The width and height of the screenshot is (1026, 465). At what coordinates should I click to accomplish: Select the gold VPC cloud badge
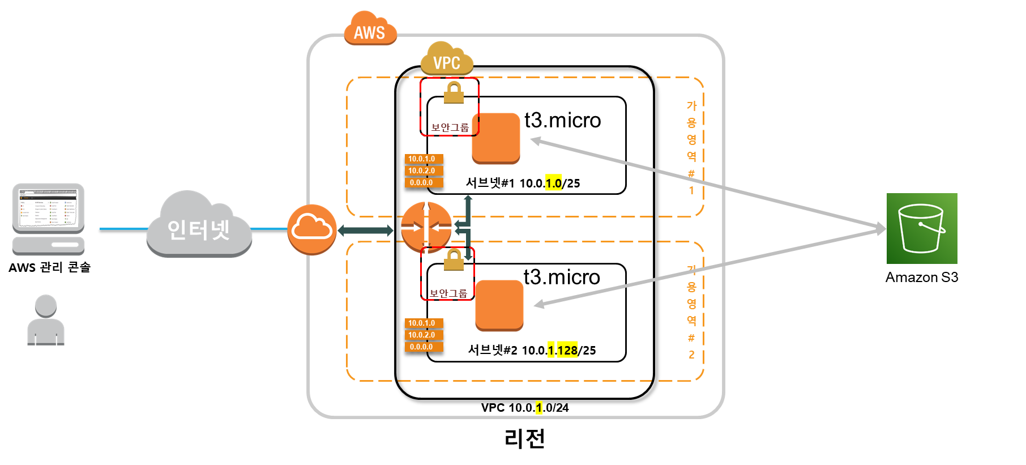(x=447, y=59)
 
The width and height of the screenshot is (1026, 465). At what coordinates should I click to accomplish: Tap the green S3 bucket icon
(x=922, y=228)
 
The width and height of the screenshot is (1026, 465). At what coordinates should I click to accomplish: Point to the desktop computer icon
(x=49, y=219)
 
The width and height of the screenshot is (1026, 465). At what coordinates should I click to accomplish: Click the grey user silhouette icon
(x=46, y=321)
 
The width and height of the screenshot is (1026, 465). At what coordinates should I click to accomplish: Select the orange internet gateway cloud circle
(x=312, y=229)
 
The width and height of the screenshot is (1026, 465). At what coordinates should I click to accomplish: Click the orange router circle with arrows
(x=426, y=227)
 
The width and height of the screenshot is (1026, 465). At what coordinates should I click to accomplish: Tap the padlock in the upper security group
(x=454, y=92)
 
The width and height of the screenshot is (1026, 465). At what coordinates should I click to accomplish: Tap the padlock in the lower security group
(x=454, y=259)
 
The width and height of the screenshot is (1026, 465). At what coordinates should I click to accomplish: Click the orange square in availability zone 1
(x=496, y=138)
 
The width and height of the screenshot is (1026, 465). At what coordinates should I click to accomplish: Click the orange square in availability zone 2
(x=499, y=305)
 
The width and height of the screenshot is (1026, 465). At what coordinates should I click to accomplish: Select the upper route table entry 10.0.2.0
(x=424, y=170)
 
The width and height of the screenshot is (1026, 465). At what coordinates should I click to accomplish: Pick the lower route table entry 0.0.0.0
(x=424, y=347)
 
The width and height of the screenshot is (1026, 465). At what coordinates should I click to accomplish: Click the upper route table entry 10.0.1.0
(x=424, y=159)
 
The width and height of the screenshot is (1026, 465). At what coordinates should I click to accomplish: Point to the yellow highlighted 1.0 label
(x=554, y=183)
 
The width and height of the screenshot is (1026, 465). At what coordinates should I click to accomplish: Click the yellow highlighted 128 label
(x=567, y=350)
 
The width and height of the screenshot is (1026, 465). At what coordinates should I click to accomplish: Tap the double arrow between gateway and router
(x=366, y=230)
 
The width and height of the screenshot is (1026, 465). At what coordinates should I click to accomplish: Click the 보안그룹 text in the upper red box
(x=450, y=127)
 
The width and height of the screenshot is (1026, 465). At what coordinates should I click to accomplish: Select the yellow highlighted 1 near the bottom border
(x=539, y=407)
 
